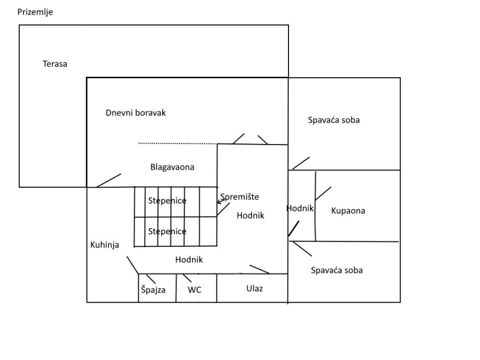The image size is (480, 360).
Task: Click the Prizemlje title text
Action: point(35,12)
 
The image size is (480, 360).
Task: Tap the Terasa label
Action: point(55,64)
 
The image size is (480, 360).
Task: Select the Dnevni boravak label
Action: point(136,113)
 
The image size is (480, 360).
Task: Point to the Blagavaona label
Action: point(172,167)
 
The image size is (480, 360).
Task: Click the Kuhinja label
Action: point(105,245)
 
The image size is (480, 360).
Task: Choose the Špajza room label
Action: point(153,290)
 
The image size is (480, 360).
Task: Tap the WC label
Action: point(195,290)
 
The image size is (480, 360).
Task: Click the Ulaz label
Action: point(255,289)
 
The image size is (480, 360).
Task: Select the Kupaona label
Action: point(348,211)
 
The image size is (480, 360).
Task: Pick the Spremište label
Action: point(239,197)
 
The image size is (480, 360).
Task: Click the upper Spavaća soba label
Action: point(334,120)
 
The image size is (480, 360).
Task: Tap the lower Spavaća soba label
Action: point(337,270)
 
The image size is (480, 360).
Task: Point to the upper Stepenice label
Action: point(167,201)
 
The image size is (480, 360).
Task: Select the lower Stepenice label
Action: point(167,232)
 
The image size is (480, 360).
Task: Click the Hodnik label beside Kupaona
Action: point(300,209)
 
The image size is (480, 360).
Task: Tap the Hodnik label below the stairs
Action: point(189,259)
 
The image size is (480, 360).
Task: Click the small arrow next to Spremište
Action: point(221,201)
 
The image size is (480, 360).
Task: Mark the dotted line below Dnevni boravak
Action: point(177,143)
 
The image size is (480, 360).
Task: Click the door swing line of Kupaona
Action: point(323,194)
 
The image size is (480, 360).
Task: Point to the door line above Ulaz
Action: point(259,269)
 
